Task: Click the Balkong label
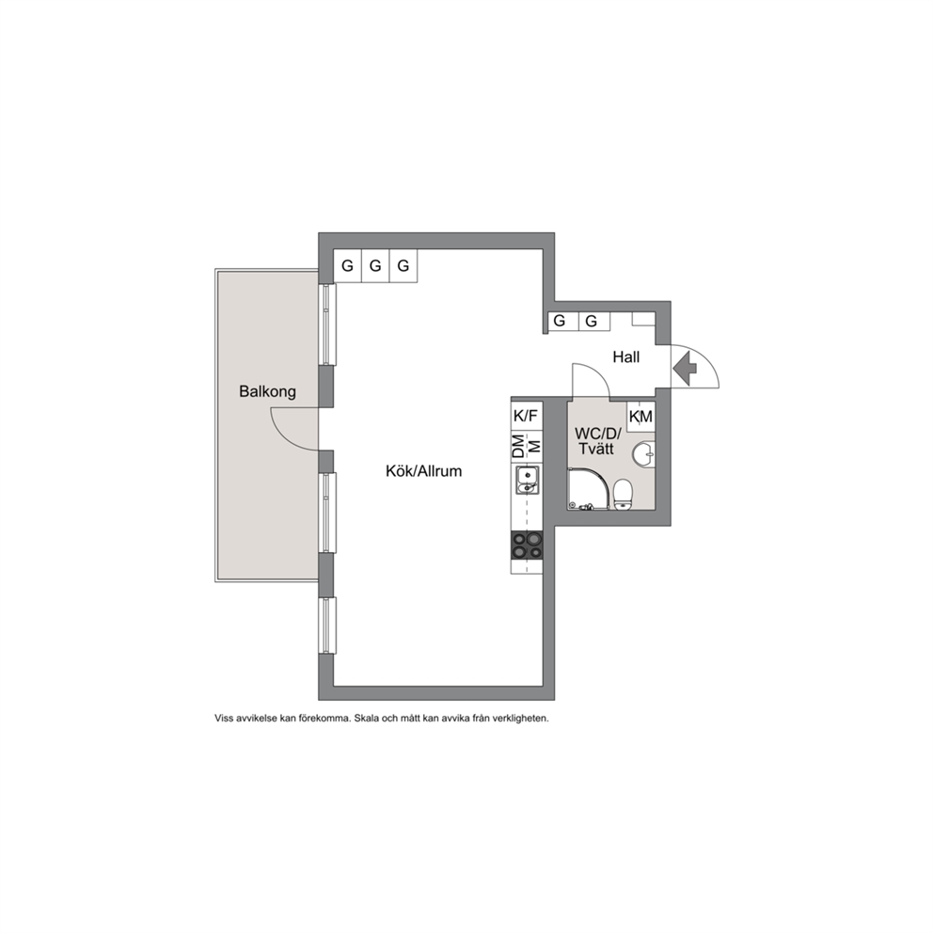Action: pyautogui.click(x=267, y=392)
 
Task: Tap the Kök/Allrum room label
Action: pyautogui.click(x=423, y=471)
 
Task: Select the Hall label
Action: pyautogui.click(x=626, y=357)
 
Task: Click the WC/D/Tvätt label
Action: pyautogui.click(x=597, y=441)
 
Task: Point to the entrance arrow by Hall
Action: pyautogui.click(x=685, y=369)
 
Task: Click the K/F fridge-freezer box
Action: pyautogui.click(x=526, y=416)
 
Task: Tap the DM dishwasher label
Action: pyautogui.click(x=519, y=446)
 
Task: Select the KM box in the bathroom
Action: pyautogui.click(x=640, y=417)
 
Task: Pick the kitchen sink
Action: pyautogui.click(x=528, y=481)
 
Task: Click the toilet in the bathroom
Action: pyautogui.click(x=623, y=495)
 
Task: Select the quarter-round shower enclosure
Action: pyautogui.click(x=591, y=489)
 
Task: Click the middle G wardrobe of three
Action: pyautogui.click(x=375, y=265)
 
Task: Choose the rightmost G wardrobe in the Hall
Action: pyautogui.click(x=592, y=322)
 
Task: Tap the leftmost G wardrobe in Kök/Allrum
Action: pyautogui.click(x=347, y=265)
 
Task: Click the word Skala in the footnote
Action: pyautogui.click(x=366, y=719)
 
